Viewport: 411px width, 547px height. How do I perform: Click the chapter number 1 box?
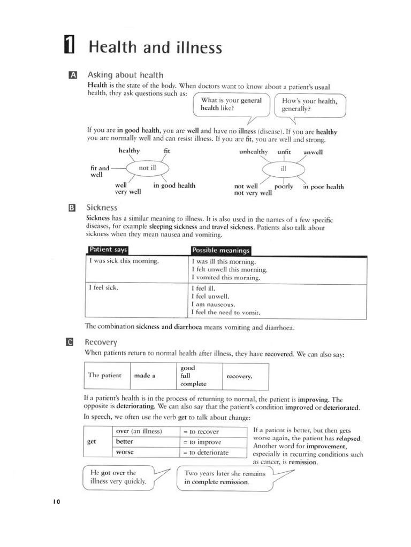point(68,47)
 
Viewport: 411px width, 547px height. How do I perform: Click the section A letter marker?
point(73,75)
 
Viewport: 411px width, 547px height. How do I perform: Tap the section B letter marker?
point(73,207)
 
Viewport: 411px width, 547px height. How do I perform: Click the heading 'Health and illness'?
point(155,48)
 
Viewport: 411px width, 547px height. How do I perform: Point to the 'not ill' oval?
point(147,168)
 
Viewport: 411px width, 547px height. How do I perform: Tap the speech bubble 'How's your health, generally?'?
point(310,105)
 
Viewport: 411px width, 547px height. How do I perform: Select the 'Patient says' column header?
point(108,250)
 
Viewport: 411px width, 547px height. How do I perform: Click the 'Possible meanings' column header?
point(220,251)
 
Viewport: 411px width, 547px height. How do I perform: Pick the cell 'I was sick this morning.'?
point(123,262)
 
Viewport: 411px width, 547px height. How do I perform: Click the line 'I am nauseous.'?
point(213,304)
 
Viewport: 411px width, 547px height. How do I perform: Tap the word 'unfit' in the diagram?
point(284,152)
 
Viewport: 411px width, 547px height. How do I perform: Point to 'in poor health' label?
point(323,186)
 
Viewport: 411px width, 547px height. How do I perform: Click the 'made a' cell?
point(144,376)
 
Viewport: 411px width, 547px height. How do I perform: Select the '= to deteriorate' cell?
point(206,452)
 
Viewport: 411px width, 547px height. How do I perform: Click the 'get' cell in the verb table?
point(92,442)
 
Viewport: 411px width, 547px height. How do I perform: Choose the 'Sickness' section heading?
point(102,207)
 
